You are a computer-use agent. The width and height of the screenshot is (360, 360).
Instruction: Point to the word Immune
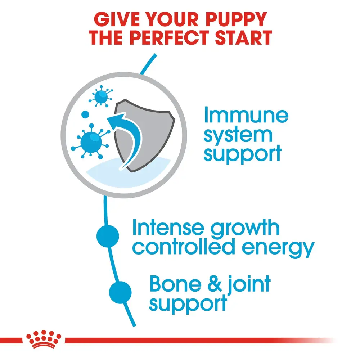pyautogui.click(x=246, y=116)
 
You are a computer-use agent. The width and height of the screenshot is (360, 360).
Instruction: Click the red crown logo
pyautogui.click(x=44, y=339)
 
